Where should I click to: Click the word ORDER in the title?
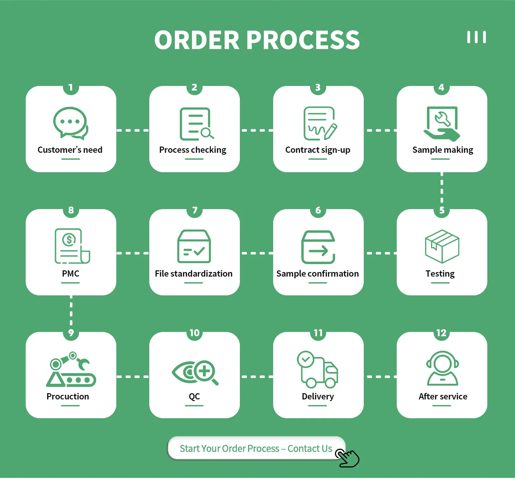tap(197, 40)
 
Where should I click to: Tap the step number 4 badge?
tap(442, 88)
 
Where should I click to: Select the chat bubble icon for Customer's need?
tap(71, 123)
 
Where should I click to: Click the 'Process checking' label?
tap(193, 150)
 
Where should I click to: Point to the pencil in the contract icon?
tap(331, 131)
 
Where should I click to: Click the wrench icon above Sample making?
tap(442, 119)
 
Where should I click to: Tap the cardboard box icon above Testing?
tap(442, 246)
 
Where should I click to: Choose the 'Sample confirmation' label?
tap(318, 274)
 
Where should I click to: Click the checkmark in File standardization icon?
tap(199, 252)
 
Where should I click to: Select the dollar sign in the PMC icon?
tap(69, 239)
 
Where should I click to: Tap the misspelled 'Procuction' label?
tap(68, 396)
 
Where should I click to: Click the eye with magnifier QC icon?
tap(195, 372)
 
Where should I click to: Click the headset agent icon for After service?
tap(442, 368)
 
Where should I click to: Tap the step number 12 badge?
tap(442, 333)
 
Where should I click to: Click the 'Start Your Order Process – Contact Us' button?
tap(256, 449)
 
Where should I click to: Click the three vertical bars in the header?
tap(476, 37)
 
